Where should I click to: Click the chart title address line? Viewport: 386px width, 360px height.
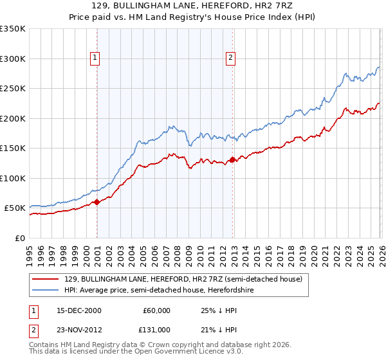point(193,5)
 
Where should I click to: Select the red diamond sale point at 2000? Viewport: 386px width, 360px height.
point(96,202)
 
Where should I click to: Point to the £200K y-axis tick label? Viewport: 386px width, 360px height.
point(13,118)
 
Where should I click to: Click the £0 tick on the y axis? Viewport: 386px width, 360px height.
point(21,238)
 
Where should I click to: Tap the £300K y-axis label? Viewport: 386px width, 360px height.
point(13,59)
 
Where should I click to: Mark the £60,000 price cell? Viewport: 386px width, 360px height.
point(156,310)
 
